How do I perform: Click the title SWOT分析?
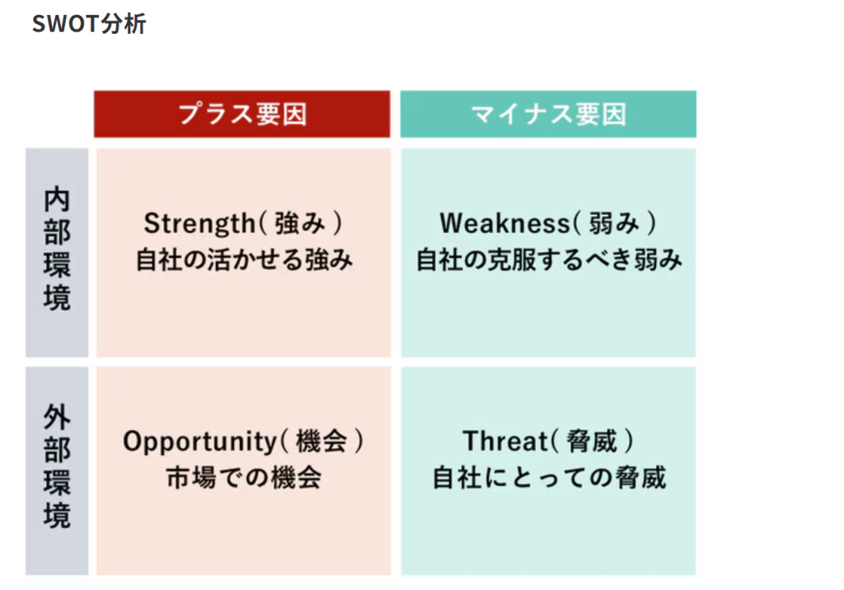(89, 24)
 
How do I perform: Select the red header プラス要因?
(242, 114)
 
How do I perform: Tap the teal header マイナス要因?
(548, 114)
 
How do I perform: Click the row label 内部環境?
(57, 249)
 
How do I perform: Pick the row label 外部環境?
(57, 466)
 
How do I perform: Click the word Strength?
(199, 224)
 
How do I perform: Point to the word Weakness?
(505, 223)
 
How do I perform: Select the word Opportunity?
(199, 442)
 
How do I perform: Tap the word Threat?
(505, 441)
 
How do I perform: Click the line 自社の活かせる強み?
(244, 260)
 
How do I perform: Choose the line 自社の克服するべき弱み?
(549, 260)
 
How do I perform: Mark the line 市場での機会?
(244, 477)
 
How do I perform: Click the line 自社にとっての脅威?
(550, 477)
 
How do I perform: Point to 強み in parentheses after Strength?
(300, 223)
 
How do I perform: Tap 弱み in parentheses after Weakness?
(613, 223)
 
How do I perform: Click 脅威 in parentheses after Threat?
(592, 442)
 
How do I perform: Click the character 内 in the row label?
(57, 199)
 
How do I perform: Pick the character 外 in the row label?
(57, 417)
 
